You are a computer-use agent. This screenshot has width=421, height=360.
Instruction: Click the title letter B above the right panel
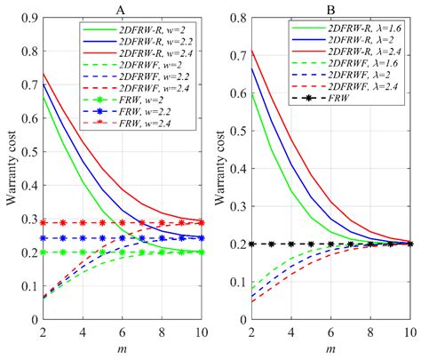point(330,9)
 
